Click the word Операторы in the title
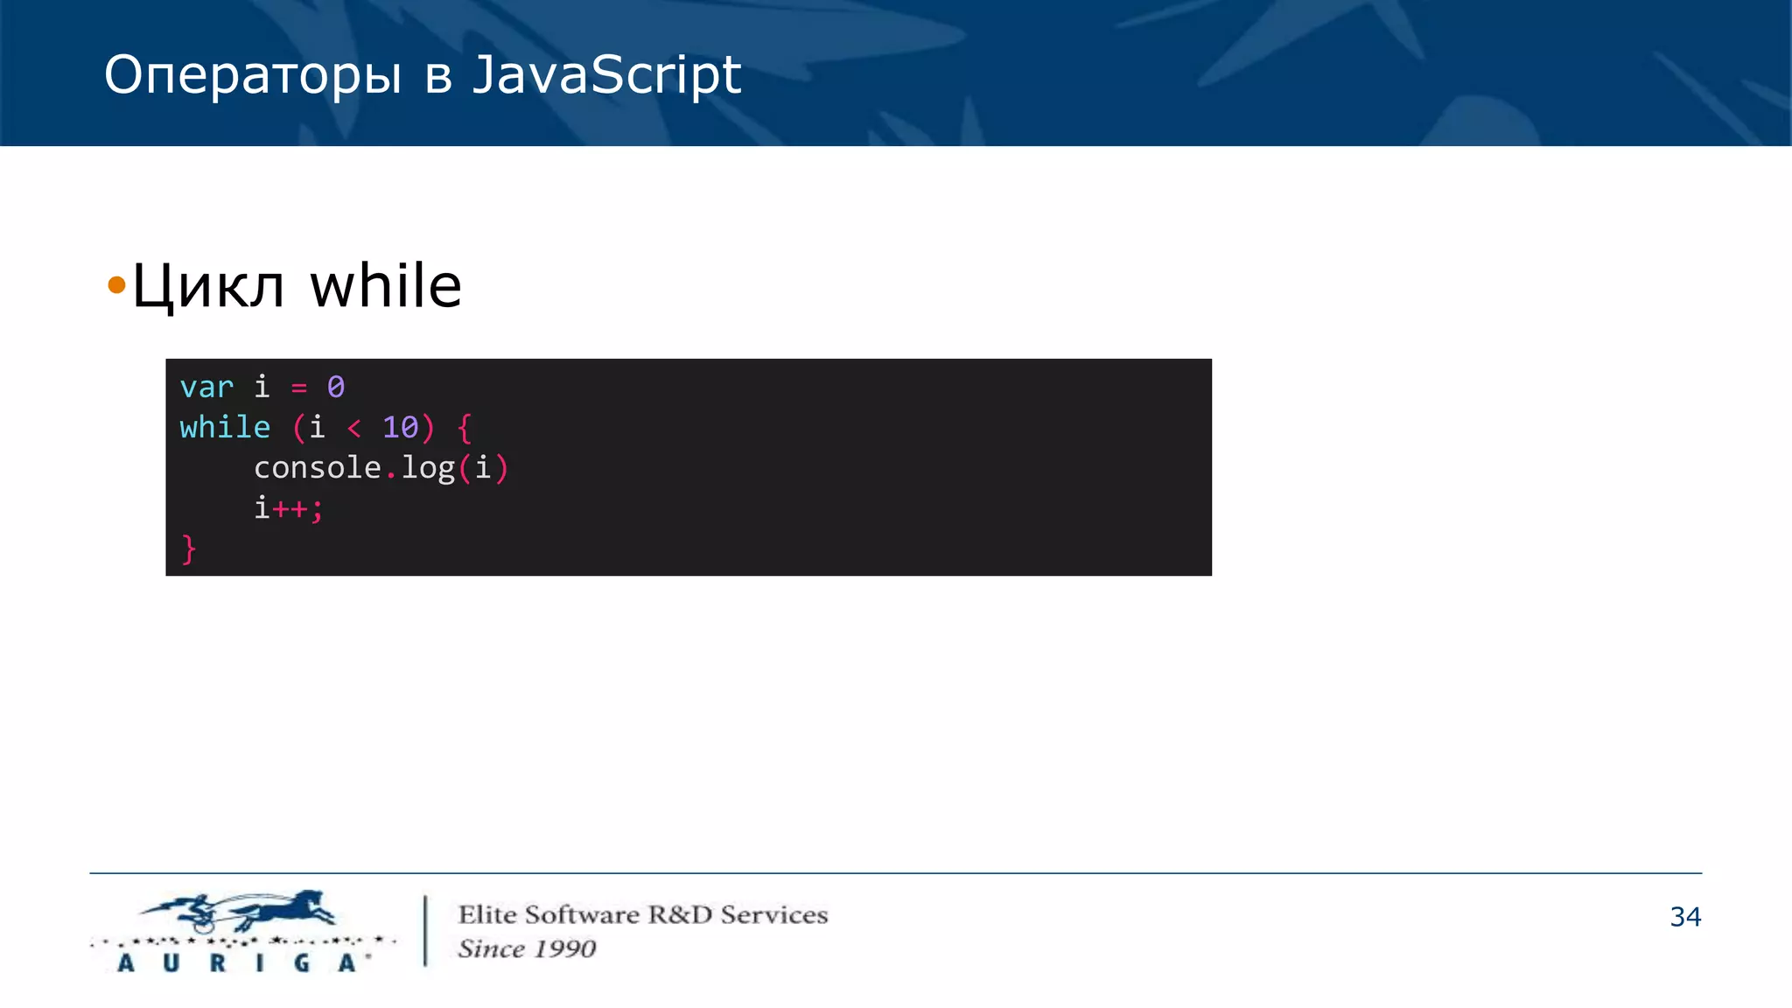pos(253,75)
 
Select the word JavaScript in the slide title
pos(606,75)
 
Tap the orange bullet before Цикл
pos(116,285)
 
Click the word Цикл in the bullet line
pos(208,286)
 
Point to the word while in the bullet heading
pos(386,286)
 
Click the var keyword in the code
pos(206,387)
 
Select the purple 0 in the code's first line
pos(336,387)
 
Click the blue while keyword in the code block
pos(225,427)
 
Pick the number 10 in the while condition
pos(401,427)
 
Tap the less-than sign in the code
pos(354,428)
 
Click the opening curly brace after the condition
pos(465,428)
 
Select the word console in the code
pos(317,468)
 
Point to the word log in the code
pos(428,468)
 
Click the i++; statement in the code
pos(289,508)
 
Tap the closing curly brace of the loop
pos(188,549)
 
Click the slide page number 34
pos(1685,916)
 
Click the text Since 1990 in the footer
pos(527,948)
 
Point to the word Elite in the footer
pos(487,914)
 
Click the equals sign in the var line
pos(299,388)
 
